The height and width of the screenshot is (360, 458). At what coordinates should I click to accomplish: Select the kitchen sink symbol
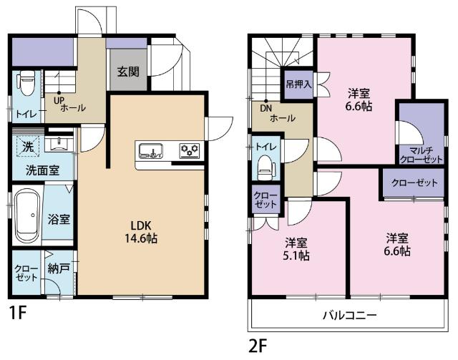tap(150, 150)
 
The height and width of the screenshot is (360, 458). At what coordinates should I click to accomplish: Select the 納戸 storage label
tap(58, 269)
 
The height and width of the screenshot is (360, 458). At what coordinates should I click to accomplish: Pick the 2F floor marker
tap(258, 346)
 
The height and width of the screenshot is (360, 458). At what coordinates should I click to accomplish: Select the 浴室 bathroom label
tap(59, 219)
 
